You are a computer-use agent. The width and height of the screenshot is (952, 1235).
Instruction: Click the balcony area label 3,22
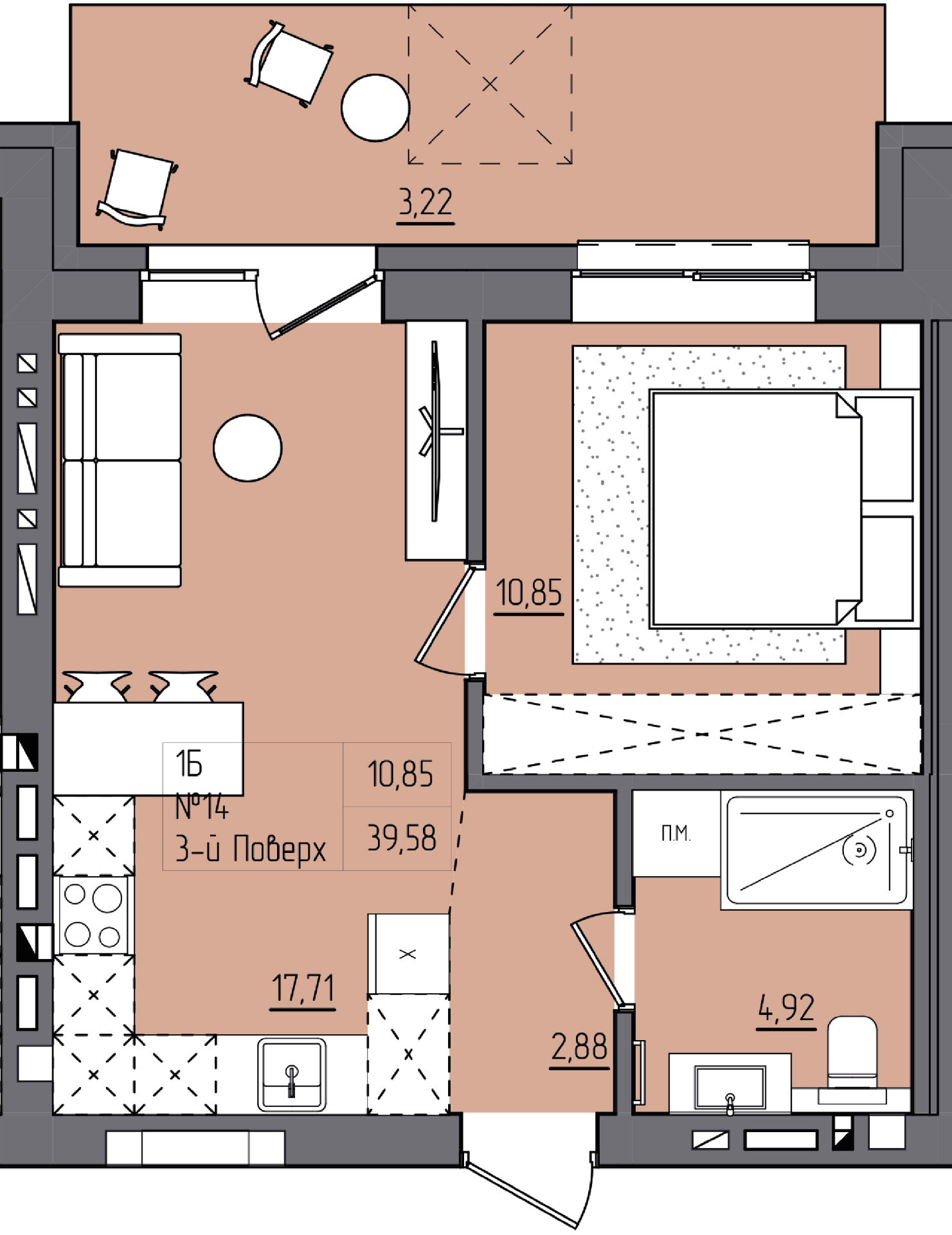[x=426, y=202]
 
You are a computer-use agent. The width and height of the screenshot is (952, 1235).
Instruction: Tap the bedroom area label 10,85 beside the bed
[x=529, y=592]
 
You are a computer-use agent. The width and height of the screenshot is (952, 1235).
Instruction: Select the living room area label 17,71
[x=303, y=988]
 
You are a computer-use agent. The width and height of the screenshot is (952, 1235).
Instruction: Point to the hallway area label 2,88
[x=579, y=1047]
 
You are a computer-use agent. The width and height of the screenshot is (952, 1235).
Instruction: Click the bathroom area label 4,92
[x=786, y=1008]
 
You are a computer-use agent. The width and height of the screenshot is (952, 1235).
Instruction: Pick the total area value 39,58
[x=401, y=838]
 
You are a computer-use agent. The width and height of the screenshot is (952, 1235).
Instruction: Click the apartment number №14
[x=202, y=807]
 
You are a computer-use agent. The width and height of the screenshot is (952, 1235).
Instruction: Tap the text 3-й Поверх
[x=251, y=848]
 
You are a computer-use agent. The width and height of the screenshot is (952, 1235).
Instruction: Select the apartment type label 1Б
[x=189, y=764]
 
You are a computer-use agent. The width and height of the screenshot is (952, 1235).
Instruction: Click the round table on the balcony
[x=375, y=107]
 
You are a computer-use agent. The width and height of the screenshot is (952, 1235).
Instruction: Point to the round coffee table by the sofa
[x=247, y=448]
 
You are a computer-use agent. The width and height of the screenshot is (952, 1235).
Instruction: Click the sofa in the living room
[x=120, y=460]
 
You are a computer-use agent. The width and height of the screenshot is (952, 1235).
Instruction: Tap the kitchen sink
[x=292, y=1075]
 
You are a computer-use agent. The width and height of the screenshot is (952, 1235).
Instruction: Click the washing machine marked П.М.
[x=676, y=834]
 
